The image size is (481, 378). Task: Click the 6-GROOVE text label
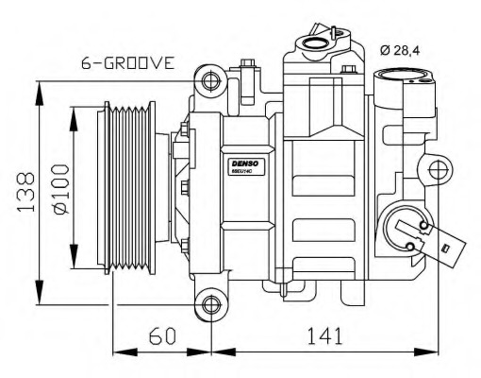coord(127,63)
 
